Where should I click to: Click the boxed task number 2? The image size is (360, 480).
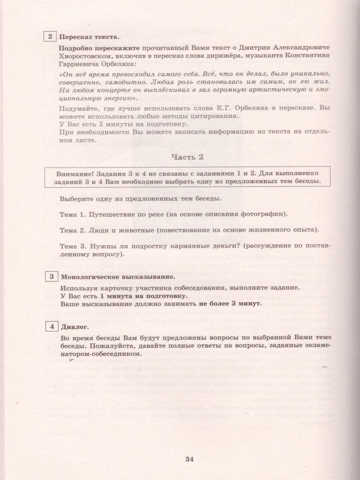pyautogui.click(x=50, y=37)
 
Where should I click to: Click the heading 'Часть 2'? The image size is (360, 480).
pyautogui.click(x=187, y=157)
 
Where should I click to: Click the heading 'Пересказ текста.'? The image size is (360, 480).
pyautogui.click(x=89, y=38)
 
